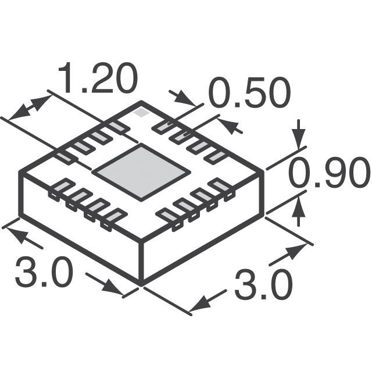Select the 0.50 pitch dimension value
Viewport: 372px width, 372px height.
click(249, 94)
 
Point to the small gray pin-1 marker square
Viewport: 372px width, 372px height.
click(140, 113)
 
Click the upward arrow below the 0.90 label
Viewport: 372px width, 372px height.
click(299, 210)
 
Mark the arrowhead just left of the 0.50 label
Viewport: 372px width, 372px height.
click(183, 98)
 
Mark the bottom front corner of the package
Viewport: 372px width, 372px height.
click(142, 284)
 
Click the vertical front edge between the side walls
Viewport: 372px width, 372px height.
click(142, 262)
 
